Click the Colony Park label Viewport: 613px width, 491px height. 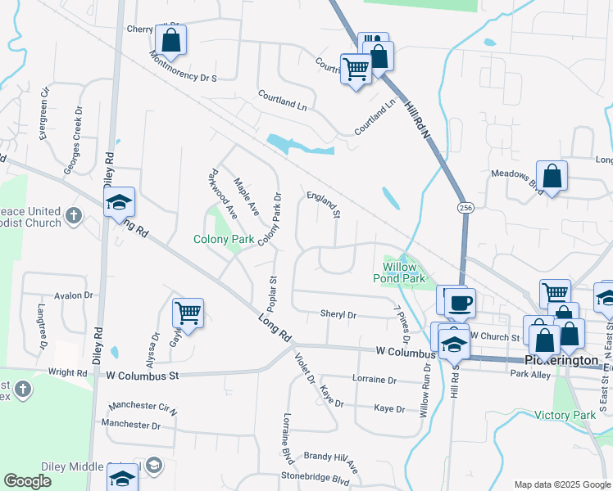(x=222, y=240)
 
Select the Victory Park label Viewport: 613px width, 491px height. (x=565, y=415)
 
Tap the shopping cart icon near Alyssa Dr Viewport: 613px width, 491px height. (x=188, y=313)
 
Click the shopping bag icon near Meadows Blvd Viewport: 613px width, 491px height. (x=552, y=176)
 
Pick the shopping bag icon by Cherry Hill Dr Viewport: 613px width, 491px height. (x=170, y=40)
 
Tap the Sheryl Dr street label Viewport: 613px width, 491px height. (x=338, y=314)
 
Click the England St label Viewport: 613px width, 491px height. (x=323, y=205)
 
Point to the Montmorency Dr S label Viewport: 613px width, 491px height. (x=183, y=68)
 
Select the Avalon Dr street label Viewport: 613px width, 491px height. (x=74, y=295)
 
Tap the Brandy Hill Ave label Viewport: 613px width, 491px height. (x=331, y=461)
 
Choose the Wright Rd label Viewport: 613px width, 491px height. (x=67, y=372)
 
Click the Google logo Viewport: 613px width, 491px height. (x=28, y=481)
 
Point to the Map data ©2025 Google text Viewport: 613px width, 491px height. (x=561, y=484)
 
